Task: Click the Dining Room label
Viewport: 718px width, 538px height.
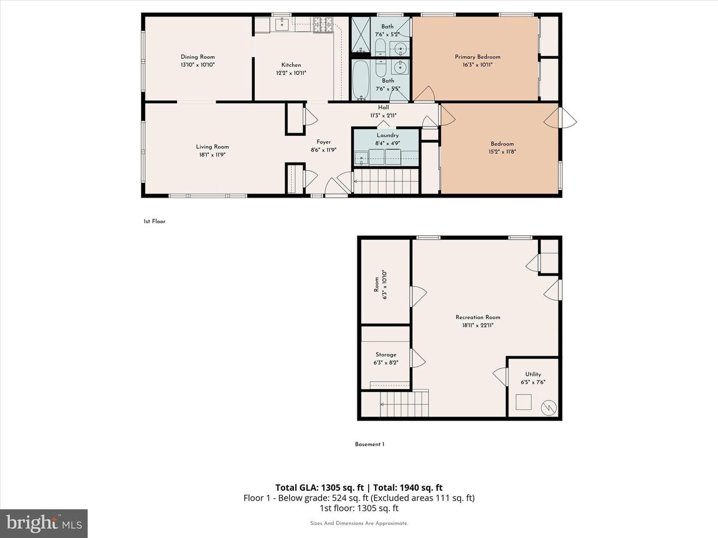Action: point(197,57)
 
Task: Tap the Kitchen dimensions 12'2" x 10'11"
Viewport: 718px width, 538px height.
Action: point(291,73)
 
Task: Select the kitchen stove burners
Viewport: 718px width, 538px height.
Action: point(323,25)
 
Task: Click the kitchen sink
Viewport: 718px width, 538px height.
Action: point(282,24)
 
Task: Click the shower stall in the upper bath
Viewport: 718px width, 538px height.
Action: point(361,35)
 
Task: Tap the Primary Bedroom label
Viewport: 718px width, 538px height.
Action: point(478,57)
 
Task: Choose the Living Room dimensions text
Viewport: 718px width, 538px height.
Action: point(212,155)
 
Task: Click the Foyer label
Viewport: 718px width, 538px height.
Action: point(324,142)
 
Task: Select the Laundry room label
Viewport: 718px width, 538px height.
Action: point(387,135)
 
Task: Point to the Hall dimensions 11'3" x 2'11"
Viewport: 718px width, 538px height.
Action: point(383,115)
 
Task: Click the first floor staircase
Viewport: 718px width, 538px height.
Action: point(386,181)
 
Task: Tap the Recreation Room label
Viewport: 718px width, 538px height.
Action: point(478,317)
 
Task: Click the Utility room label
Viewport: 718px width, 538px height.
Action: point(533,374)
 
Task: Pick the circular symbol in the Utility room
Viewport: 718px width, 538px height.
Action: point(549,408)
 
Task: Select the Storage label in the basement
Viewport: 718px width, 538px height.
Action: point(386,354)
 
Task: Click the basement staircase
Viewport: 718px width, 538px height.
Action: point(404,404)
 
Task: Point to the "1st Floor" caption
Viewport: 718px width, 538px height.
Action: point(155,222)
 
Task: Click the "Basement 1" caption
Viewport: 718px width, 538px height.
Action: point(369,444)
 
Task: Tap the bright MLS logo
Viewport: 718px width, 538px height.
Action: point(44,523)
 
